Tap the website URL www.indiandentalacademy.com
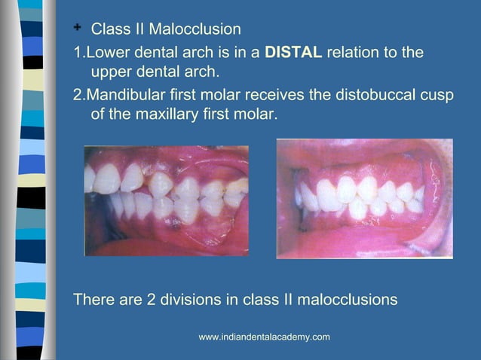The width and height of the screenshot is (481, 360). click(x=264, y=337)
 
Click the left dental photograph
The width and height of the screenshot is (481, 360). click(x=166, y=200)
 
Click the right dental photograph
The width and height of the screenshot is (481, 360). click(x=364, y=198)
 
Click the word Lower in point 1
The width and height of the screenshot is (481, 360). click(x=106, y=53)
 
